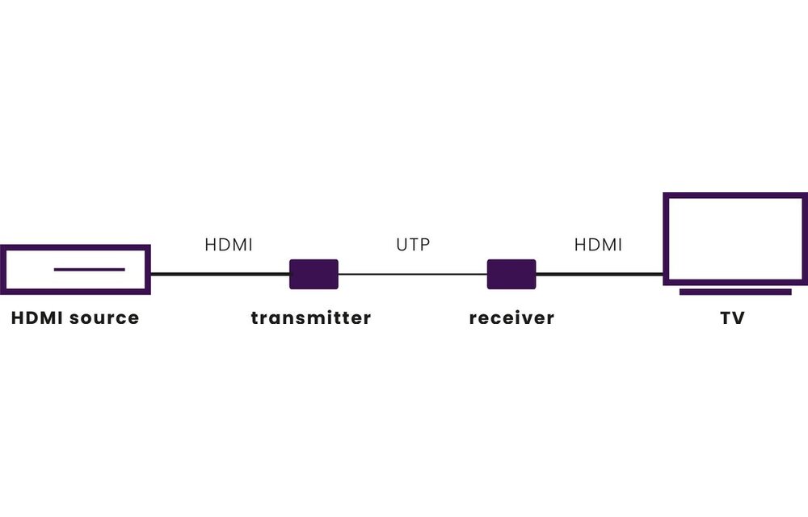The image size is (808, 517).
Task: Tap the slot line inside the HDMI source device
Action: coord(89,269)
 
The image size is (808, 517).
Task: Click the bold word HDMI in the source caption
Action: coord(38,317)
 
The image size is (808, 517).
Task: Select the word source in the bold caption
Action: coord(104,317)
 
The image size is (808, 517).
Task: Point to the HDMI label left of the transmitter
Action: coord(229,244)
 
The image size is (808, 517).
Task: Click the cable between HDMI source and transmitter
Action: coord(220,274)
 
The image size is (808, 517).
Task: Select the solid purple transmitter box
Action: coord(314,274)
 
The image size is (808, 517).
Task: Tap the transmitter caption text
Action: coord(311,317)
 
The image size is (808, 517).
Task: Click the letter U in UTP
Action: coord(402,244)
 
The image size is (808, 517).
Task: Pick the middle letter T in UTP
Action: coord(412,244)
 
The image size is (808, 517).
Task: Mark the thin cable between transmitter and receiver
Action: coord(412,274)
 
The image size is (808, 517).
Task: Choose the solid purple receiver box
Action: coord(511,274)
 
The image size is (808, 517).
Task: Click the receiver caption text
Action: coord(511,317)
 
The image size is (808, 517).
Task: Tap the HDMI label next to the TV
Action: coord(598,244)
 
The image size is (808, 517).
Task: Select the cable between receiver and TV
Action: coord(600,274)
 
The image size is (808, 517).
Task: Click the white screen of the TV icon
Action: coord(734,238)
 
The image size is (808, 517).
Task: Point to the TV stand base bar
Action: coord(734,292)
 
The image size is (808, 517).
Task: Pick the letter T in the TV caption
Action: coord(726,317)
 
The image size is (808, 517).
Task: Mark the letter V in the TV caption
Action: coord(739,317)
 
